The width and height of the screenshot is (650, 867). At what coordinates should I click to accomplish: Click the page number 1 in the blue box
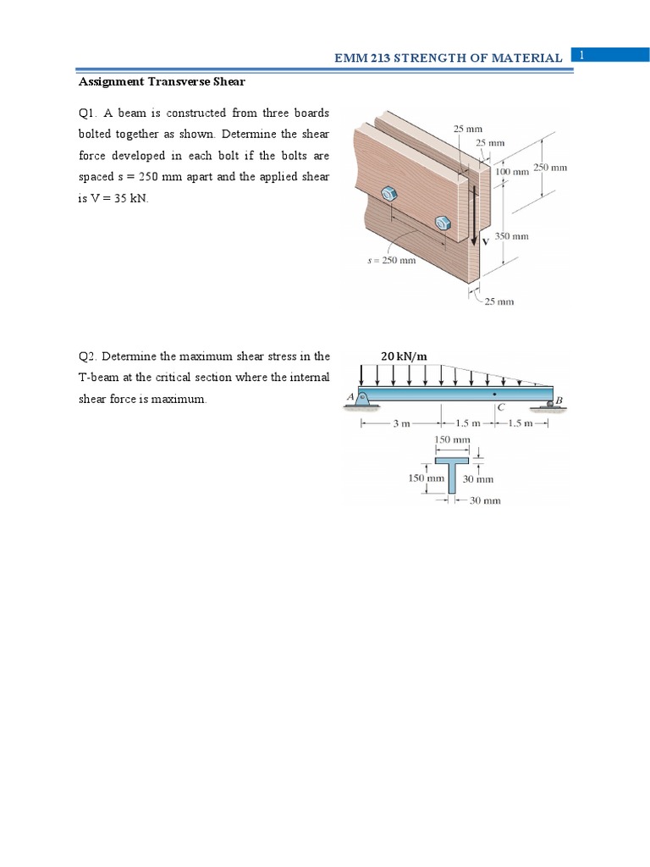click(x=582, y=55)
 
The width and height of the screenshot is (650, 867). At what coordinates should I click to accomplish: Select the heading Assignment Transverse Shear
click(x=162, y=82)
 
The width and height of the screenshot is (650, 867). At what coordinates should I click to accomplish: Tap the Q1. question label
click(x=88, y=113)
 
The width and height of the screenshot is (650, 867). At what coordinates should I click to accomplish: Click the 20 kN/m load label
click(x=404, y=356)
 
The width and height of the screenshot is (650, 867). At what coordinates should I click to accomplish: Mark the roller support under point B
click(x=550, y=406)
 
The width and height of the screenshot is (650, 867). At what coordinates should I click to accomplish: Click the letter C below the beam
click(x=500, y=408)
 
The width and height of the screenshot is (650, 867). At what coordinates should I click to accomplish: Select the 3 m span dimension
click(x=401, y=423)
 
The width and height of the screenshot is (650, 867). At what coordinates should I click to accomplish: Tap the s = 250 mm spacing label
click(x=391, y=261)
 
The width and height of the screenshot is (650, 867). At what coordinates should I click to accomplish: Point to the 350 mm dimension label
click(x=511, y=236)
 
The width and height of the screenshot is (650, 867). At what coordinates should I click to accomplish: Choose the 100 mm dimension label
click(x=511, y=171)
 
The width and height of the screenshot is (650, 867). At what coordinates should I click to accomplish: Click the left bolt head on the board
click(x=390, y=194)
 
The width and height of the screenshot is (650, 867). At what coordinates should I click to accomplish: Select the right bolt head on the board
click(x=442, y=223)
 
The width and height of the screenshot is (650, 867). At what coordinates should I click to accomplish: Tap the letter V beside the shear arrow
click(x=485, y=241)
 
